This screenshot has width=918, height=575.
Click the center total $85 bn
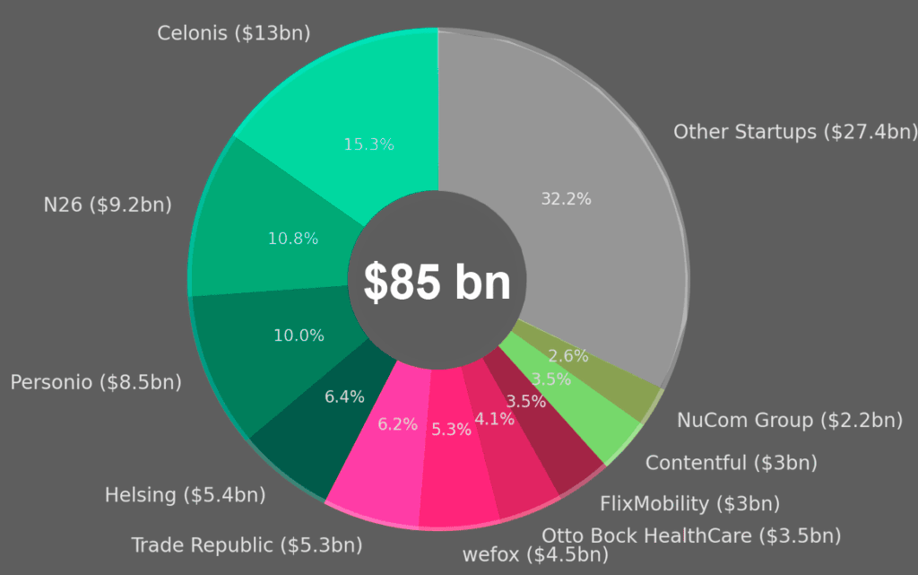pyautogui.click(x=437, y=283)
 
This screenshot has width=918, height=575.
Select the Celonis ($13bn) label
pyautogui.click(x=233, y=33)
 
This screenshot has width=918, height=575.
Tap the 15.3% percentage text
pyautogui.click(x=368, y=144)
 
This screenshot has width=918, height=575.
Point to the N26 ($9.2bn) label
pyautogui.click(x=108, y=205)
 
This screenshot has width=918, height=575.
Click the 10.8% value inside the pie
pyautogui.click(x=292, y=239)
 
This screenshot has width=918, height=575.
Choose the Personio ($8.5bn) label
pyautogui.click(x=96, y=382)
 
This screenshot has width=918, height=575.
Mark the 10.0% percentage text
pyautogui.click(x=299, y=335)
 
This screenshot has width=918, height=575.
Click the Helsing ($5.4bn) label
pyautogui.click(x=185, y=494)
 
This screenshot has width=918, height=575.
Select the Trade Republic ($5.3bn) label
pyautogui.click(x=247, y=545)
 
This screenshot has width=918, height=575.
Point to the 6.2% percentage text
pyautogui.click(x=397, y=424)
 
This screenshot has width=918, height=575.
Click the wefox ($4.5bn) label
pyautogui.click(x=535, y=554)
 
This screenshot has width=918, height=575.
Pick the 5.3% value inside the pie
pyautogui.click(x=451, y=430)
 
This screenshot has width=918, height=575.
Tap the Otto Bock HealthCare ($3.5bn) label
pyautogui.click(x=691, y=536)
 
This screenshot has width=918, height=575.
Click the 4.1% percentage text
pyautogui.click(x=495, y=419)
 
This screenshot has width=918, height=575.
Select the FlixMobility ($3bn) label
pyautogui.click(x=689, y=503)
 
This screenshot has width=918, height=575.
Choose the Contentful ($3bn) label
pyautogui.click(x=732, y=463)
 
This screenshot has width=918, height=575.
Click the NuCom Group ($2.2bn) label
pyautogui.click(x=790, y=420)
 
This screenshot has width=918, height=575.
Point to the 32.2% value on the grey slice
pyautogui.click(x=566, y=199)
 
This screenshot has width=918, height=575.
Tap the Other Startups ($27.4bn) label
pyautogui.click(x=795, y=132)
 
